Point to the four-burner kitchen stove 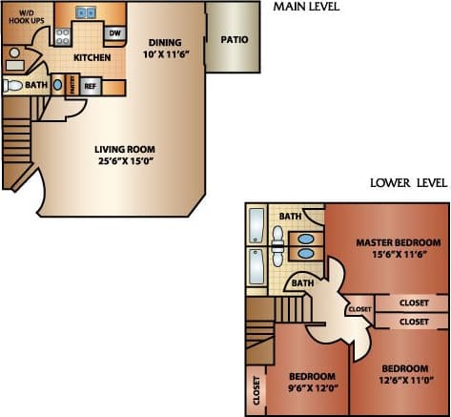click(x=63, y=37)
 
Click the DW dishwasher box click(x=115, y=33)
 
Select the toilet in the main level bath click(x=13, y=86)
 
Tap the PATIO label click(x=235, y=40)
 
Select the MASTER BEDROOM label click(x=397, y=242)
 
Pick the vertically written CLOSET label click(x=256, y=389)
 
